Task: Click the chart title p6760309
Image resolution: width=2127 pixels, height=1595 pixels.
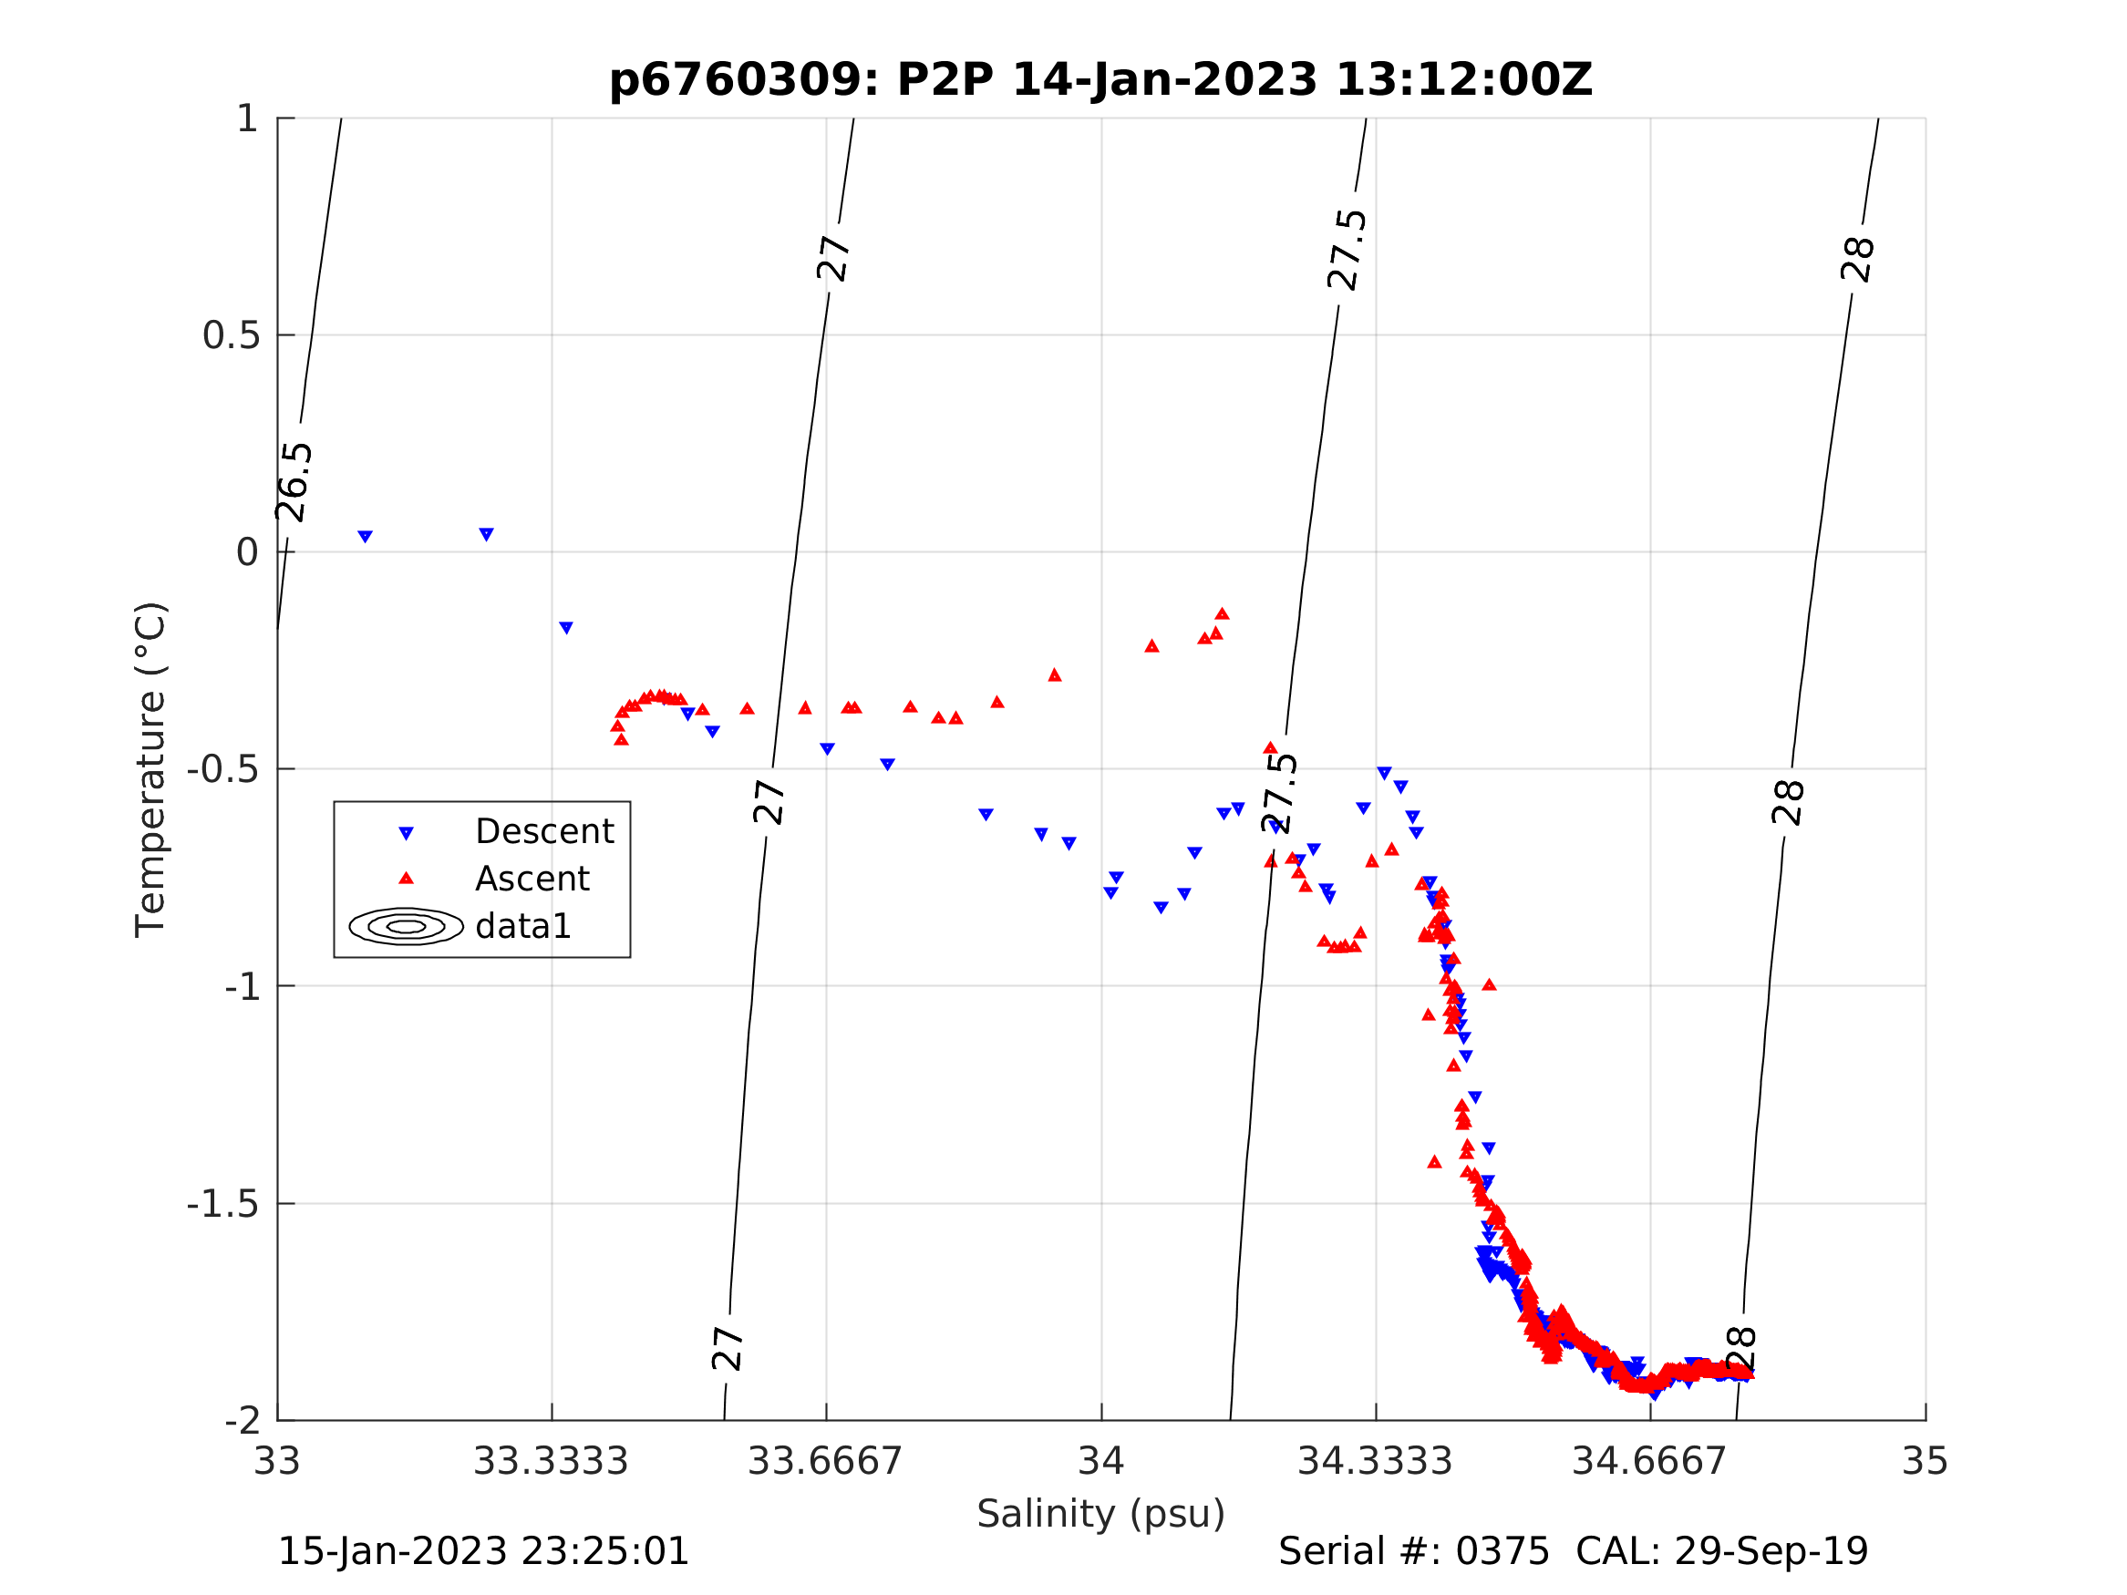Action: tap(1100, 80)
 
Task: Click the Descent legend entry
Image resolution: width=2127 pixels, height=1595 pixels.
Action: tap(544, 831)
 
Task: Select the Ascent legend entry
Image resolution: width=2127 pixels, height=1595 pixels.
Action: tap(532, 879)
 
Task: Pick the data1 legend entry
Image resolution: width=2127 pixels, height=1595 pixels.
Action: tap(523, 927)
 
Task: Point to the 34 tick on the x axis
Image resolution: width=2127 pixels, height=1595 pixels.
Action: tap(1101, 1461)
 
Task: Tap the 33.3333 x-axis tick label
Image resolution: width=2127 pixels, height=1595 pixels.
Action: tap(550, 1461)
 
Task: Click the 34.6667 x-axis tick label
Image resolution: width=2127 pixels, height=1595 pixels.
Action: tap(1649, 1461)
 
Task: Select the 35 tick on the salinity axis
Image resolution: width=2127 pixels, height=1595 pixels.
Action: tap(1924, 1461)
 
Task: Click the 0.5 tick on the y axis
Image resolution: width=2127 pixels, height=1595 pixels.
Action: tap(231, 335)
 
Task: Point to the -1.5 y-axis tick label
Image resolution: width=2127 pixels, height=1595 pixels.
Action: tap(223, 1204)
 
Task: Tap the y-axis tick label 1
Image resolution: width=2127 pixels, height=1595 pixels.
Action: tap(247, 119)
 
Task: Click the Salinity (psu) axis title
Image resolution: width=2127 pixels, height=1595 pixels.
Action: tap(1101, 1514)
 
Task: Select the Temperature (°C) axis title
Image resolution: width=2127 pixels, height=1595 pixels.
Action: tap(151, 769)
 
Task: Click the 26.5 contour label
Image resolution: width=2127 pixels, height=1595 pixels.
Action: tap(294, 483)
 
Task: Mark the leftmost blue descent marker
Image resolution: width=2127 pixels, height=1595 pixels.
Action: tap(366, 537)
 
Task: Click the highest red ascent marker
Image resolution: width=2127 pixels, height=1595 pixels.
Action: tap(1223, 614)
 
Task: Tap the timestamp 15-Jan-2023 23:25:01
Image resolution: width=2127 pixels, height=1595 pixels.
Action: tap(482, 1552)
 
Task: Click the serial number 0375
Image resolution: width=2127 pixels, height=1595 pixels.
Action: tap(1502, 1552)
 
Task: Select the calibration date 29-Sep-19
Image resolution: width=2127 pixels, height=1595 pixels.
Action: tap(1771, 1552)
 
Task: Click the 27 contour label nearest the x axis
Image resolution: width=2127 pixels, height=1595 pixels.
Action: tap(728, 1348)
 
